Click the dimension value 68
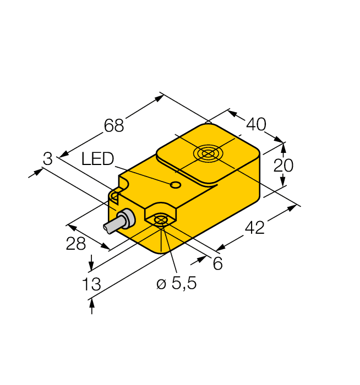coord(114,125)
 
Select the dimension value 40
coord(255,124)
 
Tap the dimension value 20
coord(284,165)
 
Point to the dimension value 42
coord(254,227)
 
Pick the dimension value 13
coord(91,284)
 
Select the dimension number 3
coord(48,159)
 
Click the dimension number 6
coord(217,264)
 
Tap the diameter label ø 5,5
coord(176,284)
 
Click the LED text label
coord(97,159)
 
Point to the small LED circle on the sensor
coord(176,185)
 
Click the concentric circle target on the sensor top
coord(208,153)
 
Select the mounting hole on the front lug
coord(160,221)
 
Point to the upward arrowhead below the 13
coord(91,303)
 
